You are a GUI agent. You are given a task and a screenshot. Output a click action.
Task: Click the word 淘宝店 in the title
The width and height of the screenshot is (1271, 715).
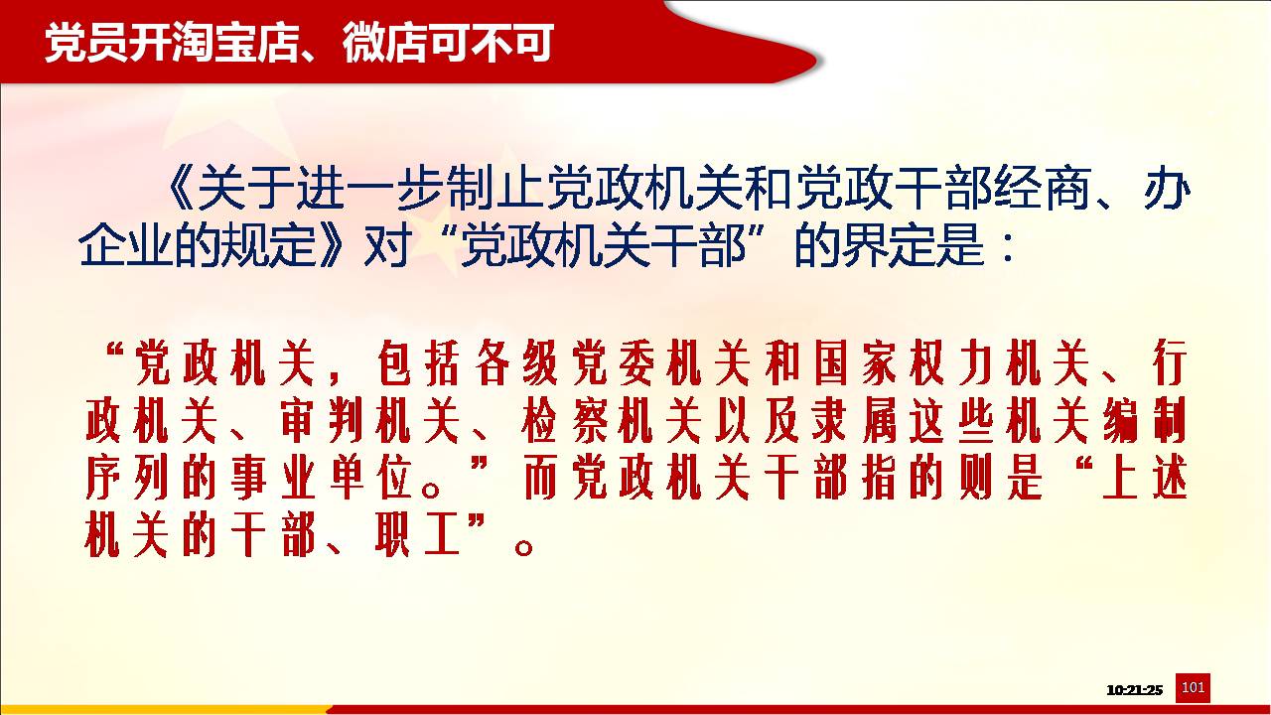[x=235, y=42]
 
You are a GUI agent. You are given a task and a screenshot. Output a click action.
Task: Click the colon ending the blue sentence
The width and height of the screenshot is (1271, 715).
[x=1008, y=248]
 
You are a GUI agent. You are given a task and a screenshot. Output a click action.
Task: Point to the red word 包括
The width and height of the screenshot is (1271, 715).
[x=418, y=362]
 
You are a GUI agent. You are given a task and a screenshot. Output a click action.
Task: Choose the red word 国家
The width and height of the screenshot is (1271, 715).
[x=855, y=362]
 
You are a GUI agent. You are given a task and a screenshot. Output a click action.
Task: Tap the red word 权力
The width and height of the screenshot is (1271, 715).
[x=951, y=362]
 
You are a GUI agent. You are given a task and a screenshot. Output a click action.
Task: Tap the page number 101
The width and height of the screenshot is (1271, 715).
[x=1193, y=687]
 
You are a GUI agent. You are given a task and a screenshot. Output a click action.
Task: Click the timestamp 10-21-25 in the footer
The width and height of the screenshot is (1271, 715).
[x=1134, y=690]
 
